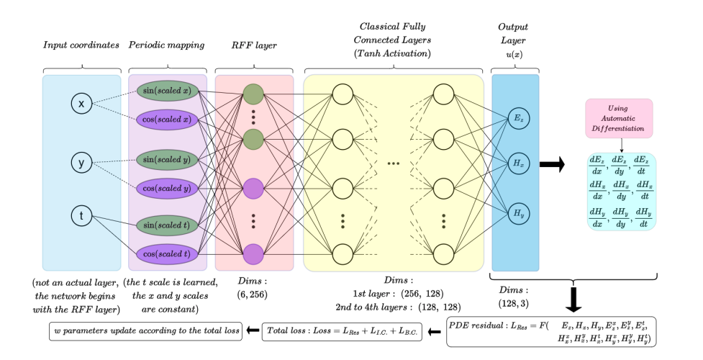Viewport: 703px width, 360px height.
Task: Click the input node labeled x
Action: [x=81, y=105]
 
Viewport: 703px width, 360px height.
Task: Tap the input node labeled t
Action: [x=81, y=215]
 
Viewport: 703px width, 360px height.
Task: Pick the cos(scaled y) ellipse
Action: [x=168, y=189]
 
